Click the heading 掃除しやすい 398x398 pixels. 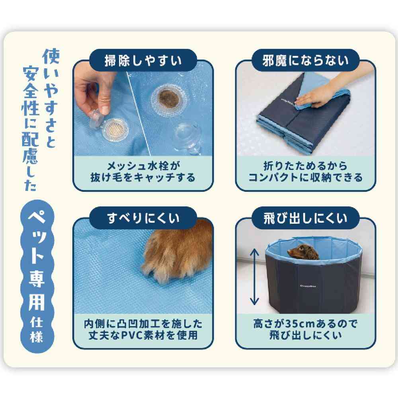point(143,60)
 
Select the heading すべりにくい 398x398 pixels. point(143,219)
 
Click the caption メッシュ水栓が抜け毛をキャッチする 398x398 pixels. point(143,172)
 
